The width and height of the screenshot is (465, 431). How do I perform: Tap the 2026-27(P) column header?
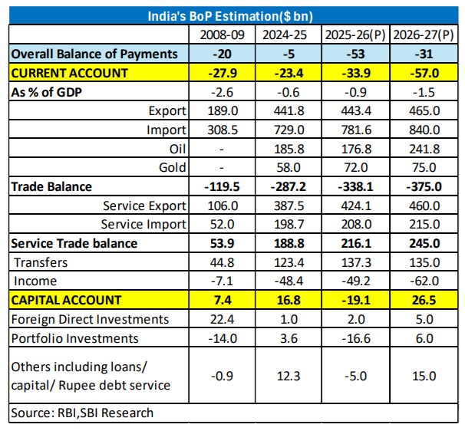tap(424, 35)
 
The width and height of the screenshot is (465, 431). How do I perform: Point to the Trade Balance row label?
tap(51, 186)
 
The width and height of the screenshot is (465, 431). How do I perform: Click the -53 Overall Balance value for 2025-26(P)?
tap(356, 54)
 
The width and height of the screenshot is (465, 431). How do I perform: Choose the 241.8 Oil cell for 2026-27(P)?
tap(424, 149)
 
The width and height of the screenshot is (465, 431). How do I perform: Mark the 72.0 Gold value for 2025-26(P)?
tap(356, 167)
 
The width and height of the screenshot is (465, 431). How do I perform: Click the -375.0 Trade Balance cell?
tap(424, 186)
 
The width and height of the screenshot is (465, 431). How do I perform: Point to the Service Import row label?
tap(143, 224)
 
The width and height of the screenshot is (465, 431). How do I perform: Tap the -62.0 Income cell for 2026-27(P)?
tap(424, 280)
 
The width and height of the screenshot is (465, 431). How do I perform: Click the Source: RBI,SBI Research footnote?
tap(83, 413)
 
